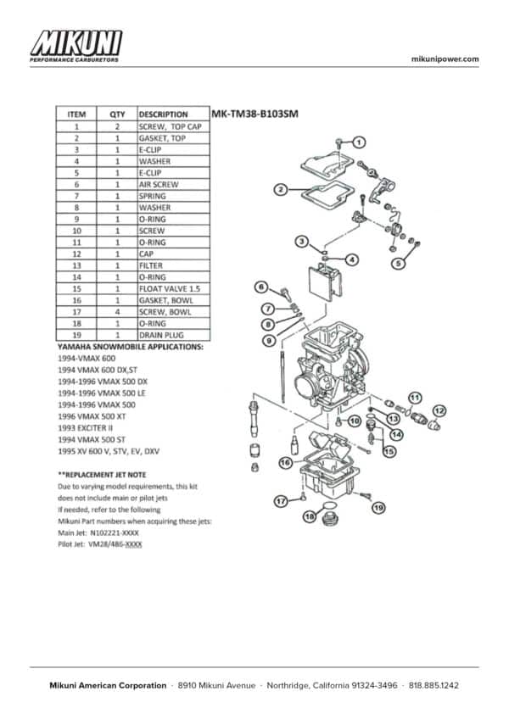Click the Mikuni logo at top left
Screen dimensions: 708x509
tap(76, 46)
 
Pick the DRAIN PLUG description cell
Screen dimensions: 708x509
tap(161, 335)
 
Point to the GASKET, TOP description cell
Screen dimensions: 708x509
tap(161, 137)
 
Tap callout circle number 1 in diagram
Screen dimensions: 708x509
tap(359, 142)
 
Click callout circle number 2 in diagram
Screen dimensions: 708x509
tap(280, 190)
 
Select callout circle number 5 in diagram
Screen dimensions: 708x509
tap(398, 264)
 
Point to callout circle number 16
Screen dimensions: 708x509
tap(286, 464)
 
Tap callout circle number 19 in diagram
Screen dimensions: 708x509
tap(378, 507)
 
